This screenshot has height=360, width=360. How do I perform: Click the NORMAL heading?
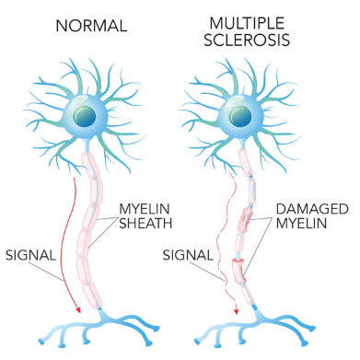point(91,26)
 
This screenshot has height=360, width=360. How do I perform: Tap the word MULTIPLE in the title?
point(247,24)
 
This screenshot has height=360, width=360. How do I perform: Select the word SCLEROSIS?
point(247,40)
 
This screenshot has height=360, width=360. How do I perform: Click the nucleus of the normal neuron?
point(85,117)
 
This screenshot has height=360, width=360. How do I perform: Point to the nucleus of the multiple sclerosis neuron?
point(239,117)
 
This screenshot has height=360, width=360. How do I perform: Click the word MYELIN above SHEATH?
point(145,209)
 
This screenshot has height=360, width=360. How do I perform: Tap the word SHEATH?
point(145,223)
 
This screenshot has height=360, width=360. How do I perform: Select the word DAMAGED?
point(312,209)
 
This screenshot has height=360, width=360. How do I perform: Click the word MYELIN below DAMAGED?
point(301,223)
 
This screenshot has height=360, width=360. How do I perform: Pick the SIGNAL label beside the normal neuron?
point(30,255)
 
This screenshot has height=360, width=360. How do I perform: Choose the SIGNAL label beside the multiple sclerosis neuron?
point(188,255)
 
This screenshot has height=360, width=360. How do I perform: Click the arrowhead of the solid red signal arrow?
point(78,309)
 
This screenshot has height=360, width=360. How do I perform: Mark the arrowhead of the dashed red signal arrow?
point(236,310)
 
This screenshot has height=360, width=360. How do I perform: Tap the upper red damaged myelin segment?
point(245,220)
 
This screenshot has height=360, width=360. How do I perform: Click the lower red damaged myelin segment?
point(238,271)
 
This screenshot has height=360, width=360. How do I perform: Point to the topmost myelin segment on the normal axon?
point(90,165)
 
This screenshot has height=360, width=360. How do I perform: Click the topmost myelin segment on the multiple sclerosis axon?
point(246,162)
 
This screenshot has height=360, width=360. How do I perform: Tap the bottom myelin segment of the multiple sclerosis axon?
point(247,295)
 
